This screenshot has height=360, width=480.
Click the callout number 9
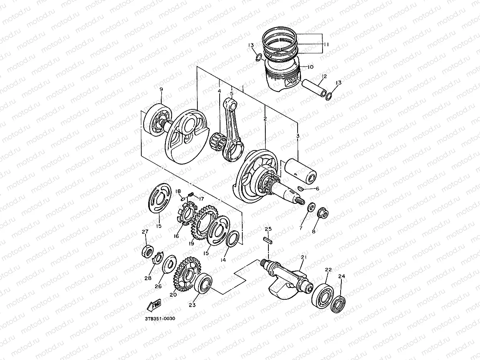161,90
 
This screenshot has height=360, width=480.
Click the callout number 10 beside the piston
310,67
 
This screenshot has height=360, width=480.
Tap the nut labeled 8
323,213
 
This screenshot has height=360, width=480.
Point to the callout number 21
304,257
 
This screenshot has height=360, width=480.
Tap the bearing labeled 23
204,286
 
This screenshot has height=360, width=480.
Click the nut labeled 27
147,251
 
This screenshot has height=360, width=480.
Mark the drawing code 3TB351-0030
160,318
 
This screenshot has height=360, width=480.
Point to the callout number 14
224,260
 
